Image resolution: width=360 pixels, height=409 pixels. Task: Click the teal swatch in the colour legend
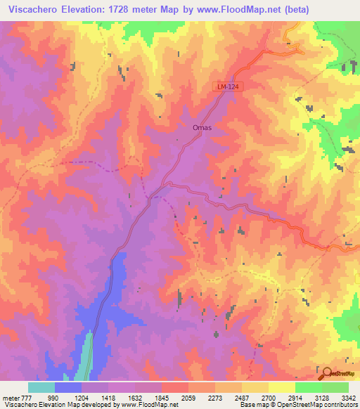(41, 387)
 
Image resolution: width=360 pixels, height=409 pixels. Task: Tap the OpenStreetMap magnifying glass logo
(326, 373)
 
